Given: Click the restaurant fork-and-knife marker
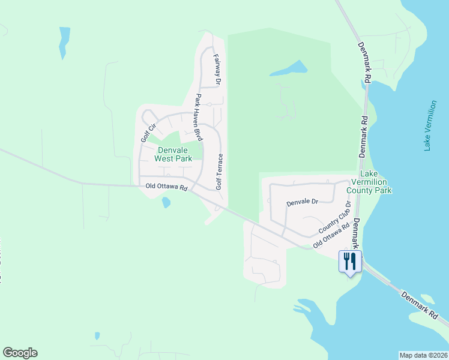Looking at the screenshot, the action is click(x=351, y=260).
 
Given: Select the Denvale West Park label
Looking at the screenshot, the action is click(x=173, y=154).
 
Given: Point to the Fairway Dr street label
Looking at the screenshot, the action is click(x=217, y=69).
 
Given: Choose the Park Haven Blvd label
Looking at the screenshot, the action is click(x=197, y=117).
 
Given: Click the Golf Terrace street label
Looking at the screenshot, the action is click(x=220, y=172).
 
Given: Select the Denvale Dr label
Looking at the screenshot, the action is click(x=301, y=202).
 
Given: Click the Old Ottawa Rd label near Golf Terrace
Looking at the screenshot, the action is click(x=167, y=187).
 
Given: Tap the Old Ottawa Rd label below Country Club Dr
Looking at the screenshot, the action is click(x=331, y=237).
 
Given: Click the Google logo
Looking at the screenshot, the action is click(x=20, y=353).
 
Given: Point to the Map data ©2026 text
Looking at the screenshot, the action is click(x=424, y=355).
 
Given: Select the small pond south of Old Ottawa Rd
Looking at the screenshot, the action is click(x=166, y=203).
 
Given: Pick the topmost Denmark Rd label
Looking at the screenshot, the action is click(x=364, y=62).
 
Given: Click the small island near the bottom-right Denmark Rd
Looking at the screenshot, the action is click(x=427, y=299).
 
